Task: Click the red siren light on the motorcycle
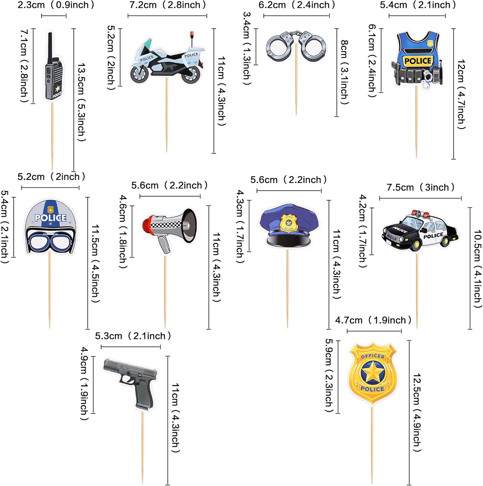pos(192,34)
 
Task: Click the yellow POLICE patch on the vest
pos(418,61)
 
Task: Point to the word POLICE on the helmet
pos(50,218)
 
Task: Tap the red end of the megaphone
pos(147,225)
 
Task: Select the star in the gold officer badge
pos(373,373)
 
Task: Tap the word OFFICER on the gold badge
pos(373,356)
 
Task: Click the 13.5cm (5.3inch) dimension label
pos(81,102)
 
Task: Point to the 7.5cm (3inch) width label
pos(420,188)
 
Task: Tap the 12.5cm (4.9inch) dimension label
pos(417,412)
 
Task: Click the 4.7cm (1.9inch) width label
pos(373,320)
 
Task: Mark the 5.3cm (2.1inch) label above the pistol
pos(133,336)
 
